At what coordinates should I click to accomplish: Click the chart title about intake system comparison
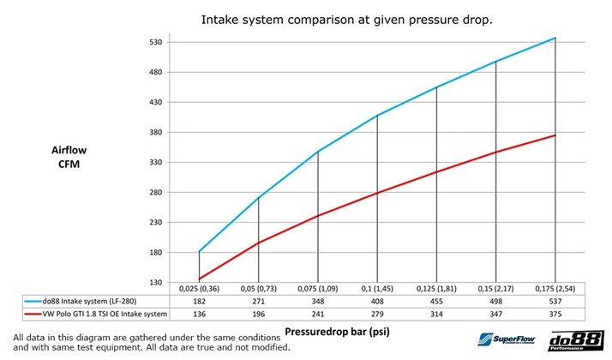coord(346,18)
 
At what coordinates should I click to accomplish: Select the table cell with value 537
coord(555,303)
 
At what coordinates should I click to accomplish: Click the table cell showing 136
coord(199,315)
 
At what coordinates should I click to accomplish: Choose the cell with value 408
coord(377,303)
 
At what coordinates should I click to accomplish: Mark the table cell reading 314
coord(436,315)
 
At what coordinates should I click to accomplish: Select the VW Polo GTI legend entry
coord(98,315)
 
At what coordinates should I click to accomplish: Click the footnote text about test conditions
coord(147,341)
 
